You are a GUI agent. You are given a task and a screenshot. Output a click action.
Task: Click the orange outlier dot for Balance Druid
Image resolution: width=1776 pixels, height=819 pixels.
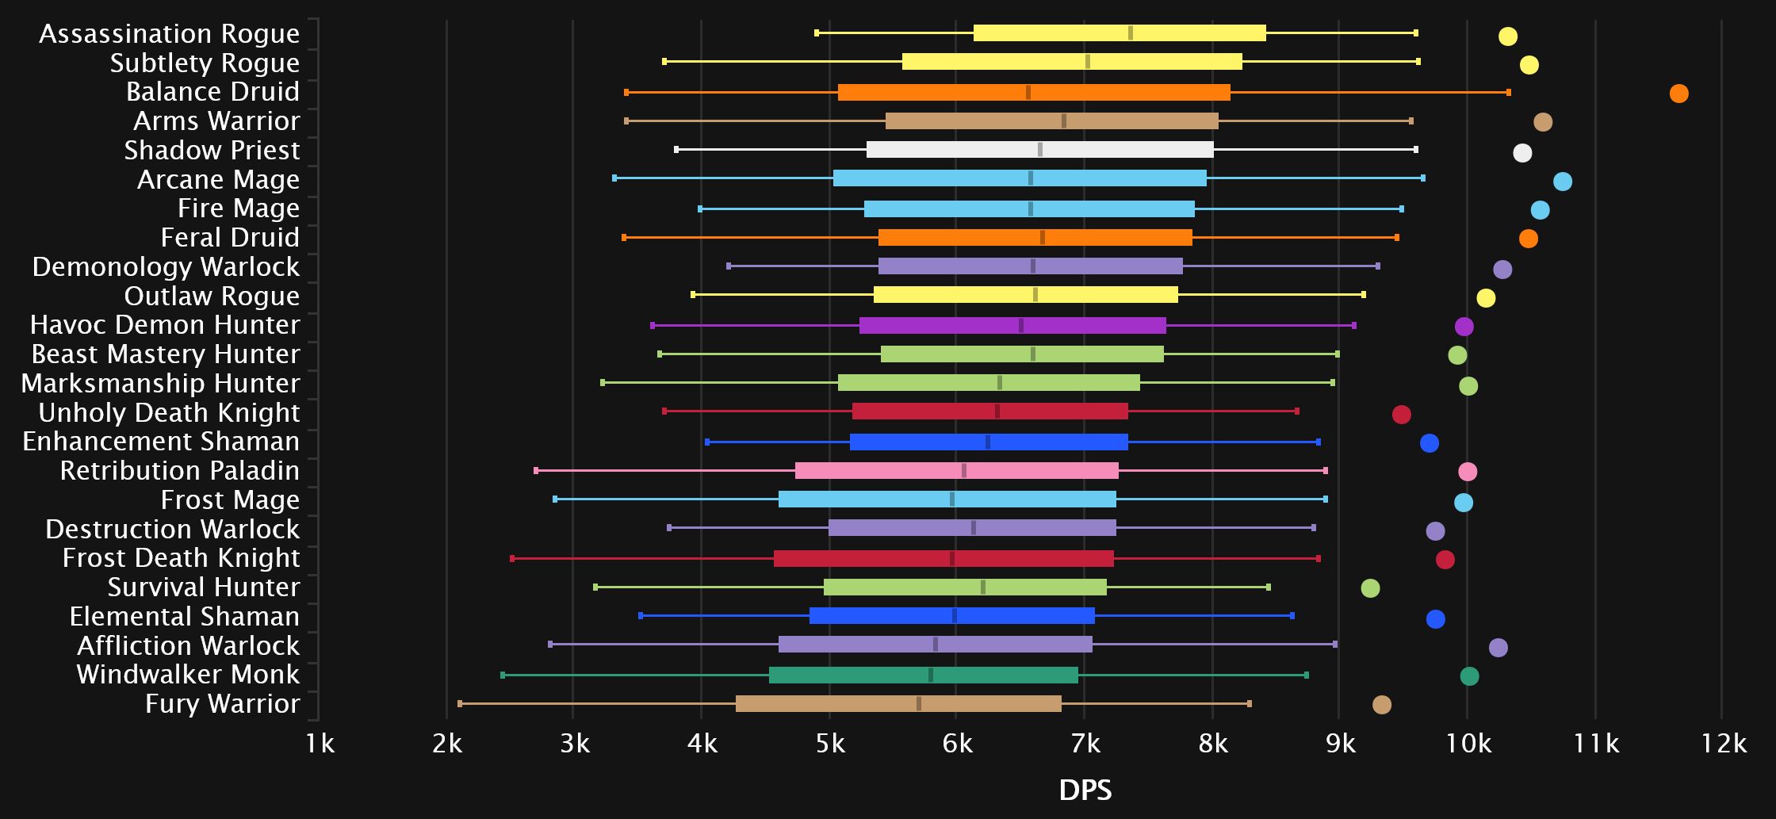point(1678,94)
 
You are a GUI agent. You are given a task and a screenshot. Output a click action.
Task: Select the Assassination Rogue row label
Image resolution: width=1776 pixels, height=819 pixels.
point(169,33)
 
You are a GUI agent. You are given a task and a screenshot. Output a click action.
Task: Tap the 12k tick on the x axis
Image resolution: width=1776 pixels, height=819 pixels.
point(1724,744)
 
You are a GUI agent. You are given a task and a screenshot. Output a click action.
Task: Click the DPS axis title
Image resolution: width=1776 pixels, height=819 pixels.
point(1085,790)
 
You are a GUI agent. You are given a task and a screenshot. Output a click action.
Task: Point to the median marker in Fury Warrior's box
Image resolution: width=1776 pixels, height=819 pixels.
point(918,704)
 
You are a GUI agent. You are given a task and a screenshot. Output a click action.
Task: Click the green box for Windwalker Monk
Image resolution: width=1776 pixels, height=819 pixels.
point(923,675)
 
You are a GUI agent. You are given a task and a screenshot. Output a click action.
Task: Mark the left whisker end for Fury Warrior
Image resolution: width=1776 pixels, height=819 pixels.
point(460,704)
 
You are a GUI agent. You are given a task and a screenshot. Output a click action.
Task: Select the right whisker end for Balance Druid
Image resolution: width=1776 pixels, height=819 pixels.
point(1508,93)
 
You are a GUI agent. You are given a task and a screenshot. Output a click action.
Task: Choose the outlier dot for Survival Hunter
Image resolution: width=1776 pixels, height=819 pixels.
point(1370,588)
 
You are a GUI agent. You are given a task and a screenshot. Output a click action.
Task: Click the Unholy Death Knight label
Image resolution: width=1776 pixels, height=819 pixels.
point(169,412)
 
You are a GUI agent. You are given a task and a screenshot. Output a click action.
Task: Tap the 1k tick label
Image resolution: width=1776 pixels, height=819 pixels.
point(320,744)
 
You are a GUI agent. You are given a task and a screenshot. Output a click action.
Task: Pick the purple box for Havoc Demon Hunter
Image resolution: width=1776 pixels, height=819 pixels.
point(1012,325)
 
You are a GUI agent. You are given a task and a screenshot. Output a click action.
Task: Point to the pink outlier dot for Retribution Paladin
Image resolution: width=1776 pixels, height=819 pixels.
point(1468,472)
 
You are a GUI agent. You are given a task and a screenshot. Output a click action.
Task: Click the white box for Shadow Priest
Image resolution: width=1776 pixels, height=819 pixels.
point(1039,150)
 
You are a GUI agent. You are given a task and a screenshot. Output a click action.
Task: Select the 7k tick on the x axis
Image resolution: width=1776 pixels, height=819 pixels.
point(1085,744)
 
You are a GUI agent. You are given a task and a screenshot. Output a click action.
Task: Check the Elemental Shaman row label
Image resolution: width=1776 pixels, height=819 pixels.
point(184,616)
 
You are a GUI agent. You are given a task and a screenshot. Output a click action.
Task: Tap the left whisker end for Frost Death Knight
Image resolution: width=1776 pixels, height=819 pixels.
point(512,559)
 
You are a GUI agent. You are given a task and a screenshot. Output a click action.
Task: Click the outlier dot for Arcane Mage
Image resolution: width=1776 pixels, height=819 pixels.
point(1562,182)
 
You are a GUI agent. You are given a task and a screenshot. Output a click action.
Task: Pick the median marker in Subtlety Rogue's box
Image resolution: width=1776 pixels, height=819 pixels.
point(1087,62)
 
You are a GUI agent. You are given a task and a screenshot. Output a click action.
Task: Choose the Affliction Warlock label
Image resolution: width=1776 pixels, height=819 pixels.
point(188,645)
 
